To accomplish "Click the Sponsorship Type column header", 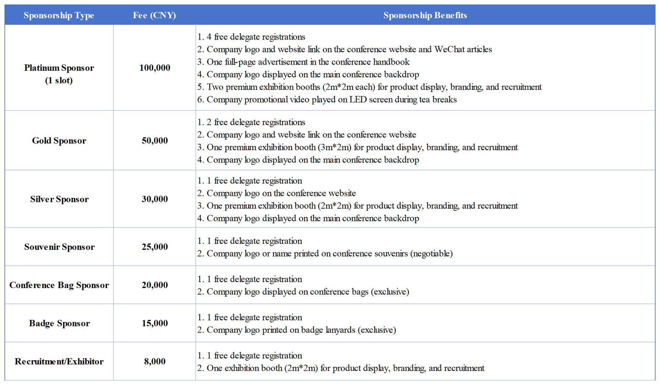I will tap(59, 15).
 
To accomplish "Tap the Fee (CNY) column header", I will tap(154, 15).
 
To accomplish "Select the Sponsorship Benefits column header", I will tap(425, 15).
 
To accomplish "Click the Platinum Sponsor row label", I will tap(59, 68).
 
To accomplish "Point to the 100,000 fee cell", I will tap(155, 68).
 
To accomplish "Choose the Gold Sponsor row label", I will tap(59, 141).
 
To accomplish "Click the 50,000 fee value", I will tap(155, 141).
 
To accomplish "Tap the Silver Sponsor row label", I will tap(59, 199).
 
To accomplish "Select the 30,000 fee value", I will tap(155, 199).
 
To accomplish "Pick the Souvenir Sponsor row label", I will tap(59, 247).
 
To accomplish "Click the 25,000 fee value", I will tap(155, 247).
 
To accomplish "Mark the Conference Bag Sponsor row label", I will tap(59, 285).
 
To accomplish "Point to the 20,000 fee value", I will tap(155, 285).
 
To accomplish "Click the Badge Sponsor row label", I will tap(59, 323).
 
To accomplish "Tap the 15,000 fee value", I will tap(155, 323).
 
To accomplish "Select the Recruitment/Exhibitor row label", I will tap(59, 361).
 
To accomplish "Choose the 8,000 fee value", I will tap(155, 361).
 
